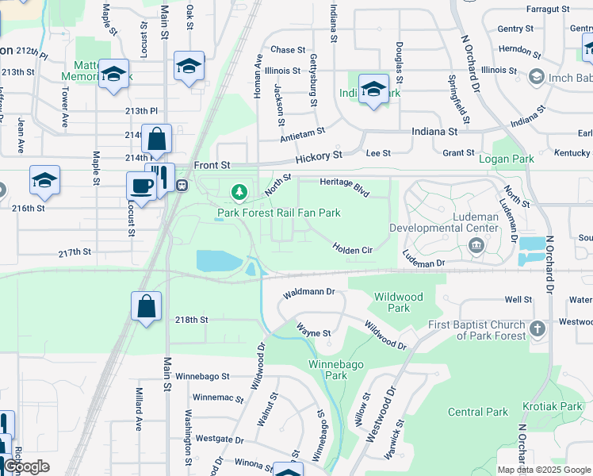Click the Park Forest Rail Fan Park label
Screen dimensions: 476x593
[x=279, y=213]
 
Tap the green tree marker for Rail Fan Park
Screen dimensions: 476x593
[x=239, y=192]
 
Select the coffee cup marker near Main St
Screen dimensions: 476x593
[x=142, y=186]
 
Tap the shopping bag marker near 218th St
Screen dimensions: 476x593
[x=147, y=306]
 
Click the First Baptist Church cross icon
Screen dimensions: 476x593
[x=537, y=328]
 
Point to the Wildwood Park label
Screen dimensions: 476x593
[x=399, y=302]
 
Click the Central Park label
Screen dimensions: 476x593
[x=477, y=412]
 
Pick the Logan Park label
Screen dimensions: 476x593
[x=512, y=159]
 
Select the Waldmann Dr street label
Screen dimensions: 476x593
[x=310, y=292]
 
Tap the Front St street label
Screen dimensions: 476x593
[x=212, y=165]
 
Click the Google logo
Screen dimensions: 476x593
[x=27, y=466]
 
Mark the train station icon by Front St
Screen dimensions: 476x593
[x=182, y=186]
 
